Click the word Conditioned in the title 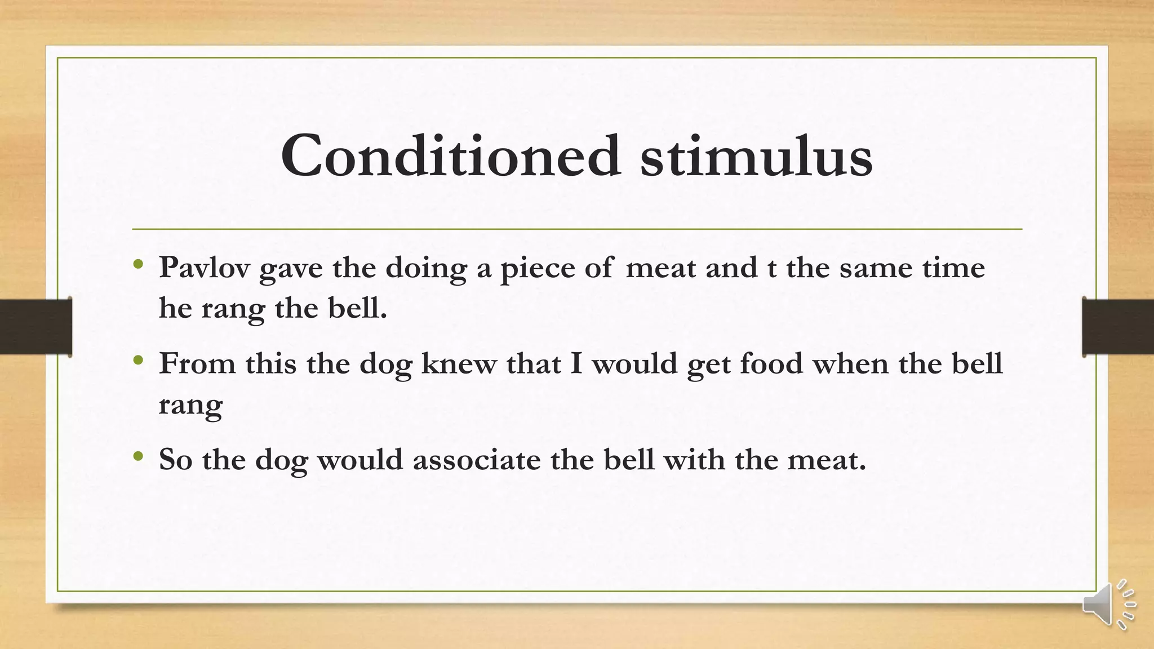(x=451, y=155)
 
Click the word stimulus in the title (x=756, y=155)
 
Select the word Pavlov (x=204, y=268)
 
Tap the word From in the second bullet (x=197, y=363)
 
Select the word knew (x=459, y=363)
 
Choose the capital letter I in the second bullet (x=576, y=363)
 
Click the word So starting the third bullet (x=176, y=460)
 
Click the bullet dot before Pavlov (x=139, y=264)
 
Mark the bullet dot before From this (x=139, y=359)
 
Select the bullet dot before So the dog (x=139, y=456)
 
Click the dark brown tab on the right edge (x=1118, y=327)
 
